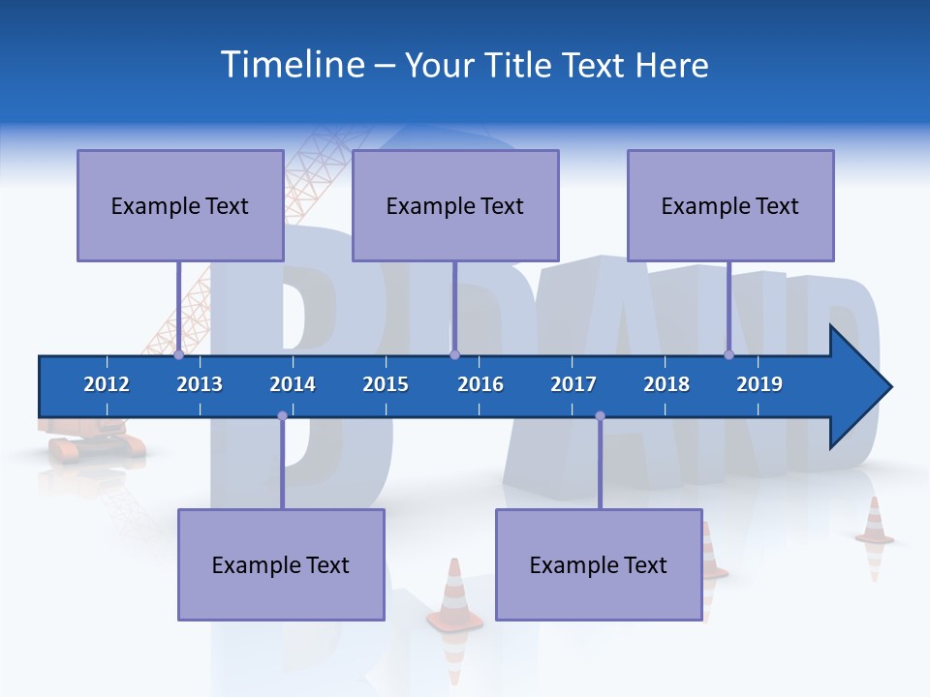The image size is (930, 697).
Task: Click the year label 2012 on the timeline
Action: pos(107,384)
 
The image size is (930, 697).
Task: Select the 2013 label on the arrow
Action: pos(200,384)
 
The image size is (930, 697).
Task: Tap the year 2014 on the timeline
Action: pos(293,384)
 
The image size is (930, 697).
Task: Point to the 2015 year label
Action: pos(386,384)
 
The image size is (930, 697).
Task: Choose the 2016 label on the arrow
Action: pos(480,384)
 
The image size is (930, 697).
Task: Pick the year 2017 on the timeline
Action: pos(573,384)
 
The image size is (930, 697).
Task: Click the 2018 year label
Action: pos(666,384)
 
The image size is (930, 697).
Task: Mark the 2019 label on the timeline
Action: pos(759,384)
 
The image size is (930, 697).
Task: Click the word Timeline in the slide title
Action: pos(292,64)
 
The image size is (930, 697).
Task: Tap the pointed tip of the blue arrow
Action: pos(889,387)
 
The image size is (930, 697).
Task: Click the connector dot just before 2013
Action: pos(178,354)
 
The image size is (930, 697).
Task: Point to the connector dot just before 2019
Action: pos(728,354)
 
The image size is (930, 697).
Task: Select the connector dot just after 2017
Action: pos(600,416)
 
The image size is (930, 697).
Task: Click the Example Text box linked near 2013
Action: pos(180,205)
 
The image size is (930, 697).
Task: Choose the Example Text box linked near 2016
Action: pos(455,205)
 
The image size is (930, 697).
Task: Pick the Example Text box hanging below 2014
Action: pos(281,564)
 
